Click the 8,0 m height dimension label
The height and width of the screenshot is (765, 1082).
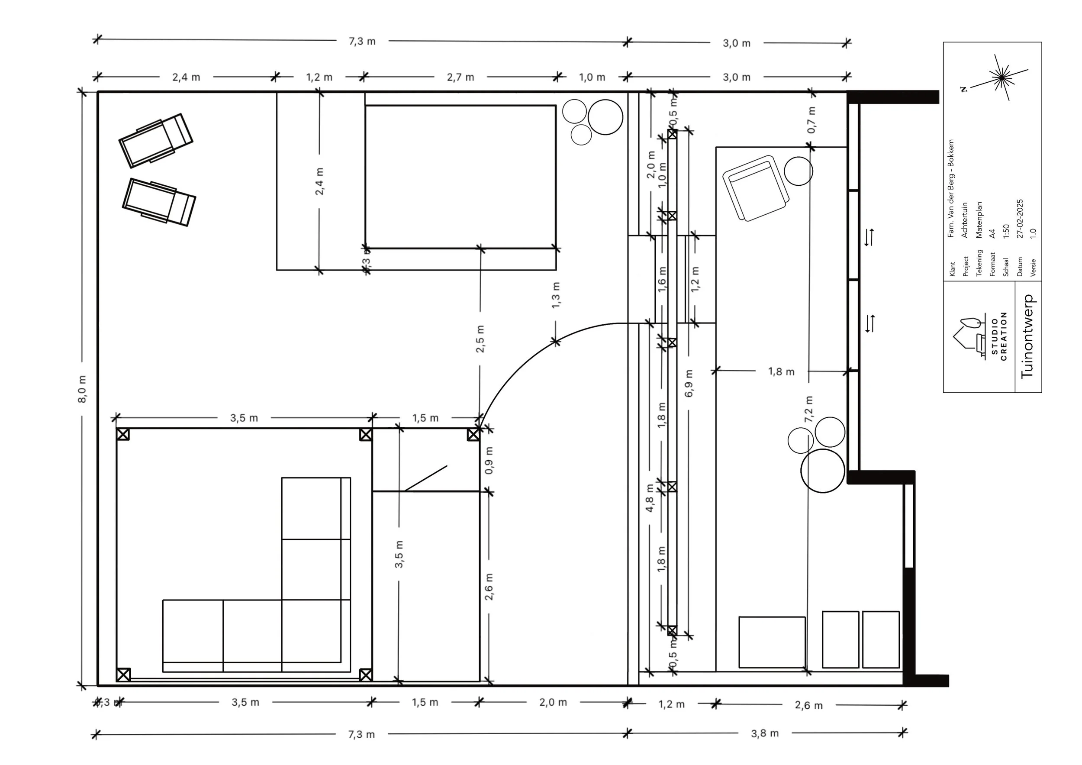[x=82, y=389]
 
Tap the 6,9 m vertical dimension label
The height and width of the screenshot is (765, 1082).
[x=689, y=383]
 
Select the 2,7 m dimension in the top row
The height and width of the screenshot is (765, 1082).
[x=460, y=77]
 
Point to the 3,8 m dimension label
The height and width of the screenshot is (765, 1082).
[x=765, y=733]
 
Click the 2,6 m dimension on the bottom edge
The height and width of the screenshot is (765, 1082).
[x=808, y=706]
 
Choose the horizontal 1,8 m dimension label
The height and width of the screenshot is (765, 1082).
[x=781, y=371]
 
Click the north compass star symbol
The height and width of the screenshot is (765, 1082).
[x=1001, y=77]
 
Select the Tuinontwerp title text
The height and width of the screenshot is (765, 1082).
[x=1027, y=336]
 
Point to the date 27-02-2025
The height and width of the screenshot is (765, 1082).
[x=1020, y=219]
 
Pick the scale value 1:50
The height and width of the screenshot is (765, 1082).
[x=1006, y=231]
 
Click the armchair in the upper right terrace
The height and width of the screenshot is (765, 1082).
[x=755, y=187]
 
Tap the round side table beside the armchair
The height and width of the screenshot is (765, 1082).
[x=799, y=171]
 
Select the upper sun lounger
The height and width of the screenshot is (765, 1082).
[x=155, y=140]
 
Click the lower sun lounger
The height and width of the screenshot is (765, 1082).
[x=159, y=202]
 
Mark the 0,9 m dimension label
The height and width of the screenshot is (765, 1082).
[x=489, y=460]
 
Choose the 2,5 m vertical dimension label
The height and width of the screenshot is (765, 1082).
[x=480, y=339]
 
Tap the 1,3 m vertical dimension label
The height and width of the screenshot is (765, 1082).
[x=556, y=295]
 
